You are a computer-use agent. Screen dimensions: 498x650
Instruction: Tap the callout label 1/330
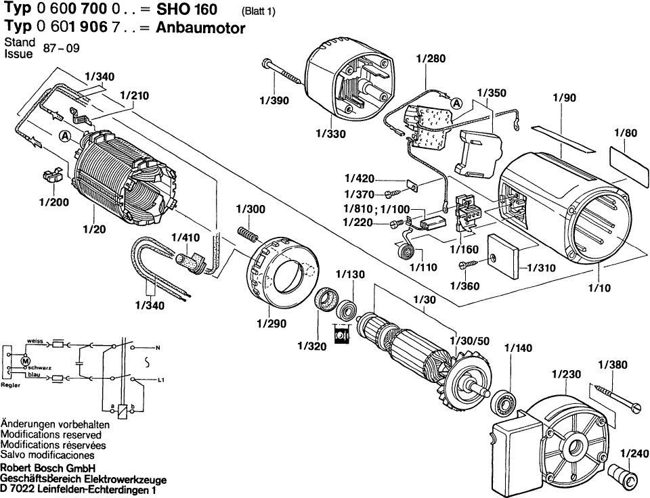330,134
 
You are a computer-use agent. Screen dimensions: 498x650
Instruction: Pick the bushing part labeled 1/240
624,476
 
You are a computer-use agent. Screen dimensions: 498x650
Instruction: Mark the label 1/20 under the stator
94,229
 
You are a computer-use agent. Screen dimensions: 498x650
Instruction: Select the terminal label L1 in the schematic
160,381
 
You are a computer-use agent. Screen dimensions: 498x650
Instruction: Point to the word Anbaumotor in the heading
201,28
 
